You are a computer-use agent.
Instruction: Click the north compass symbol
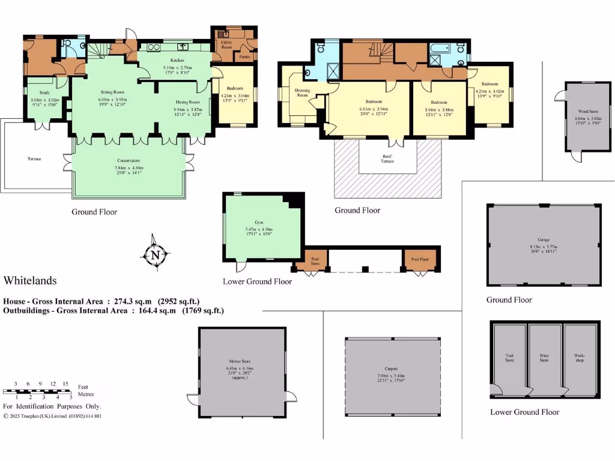tap(155, 255)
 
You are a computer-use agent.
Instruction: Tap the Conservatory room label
tap(129, 161)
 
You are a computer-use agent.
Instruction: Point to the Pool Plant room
tap(420, 259)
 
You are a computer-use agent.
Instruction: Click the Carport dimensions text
tap(392, 379)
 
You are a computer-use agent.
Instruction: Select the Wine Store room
tap(544, 358)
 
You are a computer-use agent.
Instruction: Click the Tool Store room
tap(509, 358)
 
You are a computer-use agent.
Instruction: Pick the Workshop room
tap(580, 358)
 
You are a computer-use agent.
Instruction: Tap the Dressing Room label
tap(302, 93)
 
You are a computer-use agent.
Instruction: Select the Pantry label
tap(244, 57)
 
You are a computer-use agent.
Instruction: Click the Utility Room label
tap(226, 45)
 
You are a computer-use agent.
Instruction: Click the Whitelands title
tap(30, 280)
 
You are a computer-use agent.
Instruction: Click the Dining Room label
tap(186, 102)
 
